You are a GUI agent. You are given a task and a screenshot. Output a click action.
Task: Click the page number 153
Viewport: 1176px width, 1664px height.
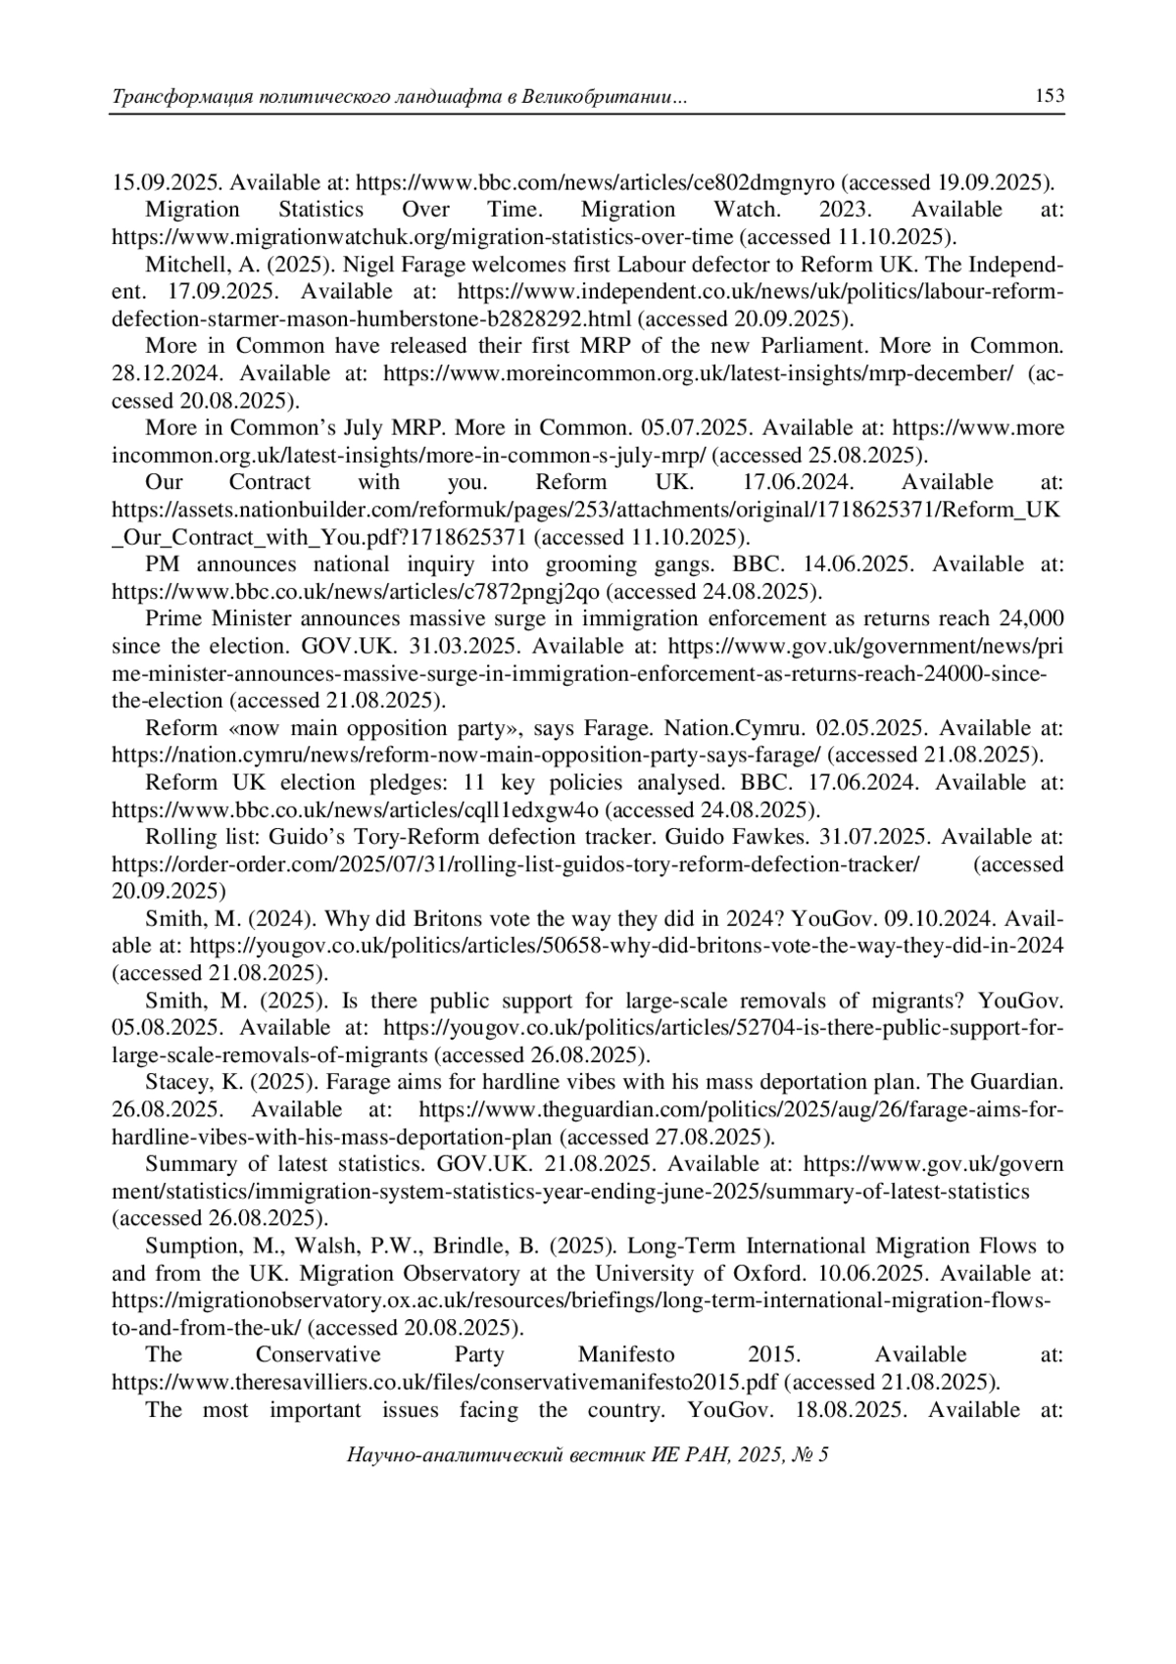[x=1049, y=96]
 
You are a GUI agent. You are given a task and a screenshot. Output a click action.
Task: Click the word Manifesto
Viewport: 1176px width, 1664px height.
[x=626, y=1355]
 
